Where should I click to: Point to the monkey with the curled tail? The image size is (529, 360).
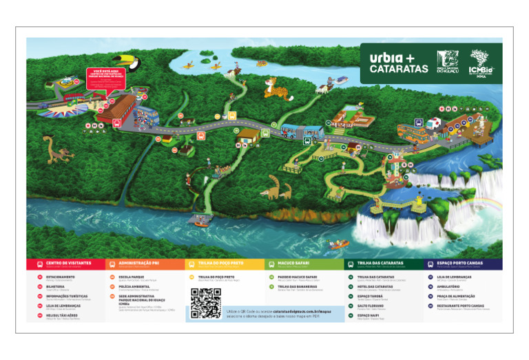(x=57, y=147)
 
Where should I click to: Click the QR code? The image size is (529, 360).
(x=205, y=304)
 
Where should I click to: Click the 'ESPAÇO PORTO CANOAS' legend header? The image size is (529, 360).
(x=463, y=263)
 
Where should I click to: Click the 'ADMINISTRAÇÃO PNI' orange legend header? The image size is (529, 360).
(x=144, y=263)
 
